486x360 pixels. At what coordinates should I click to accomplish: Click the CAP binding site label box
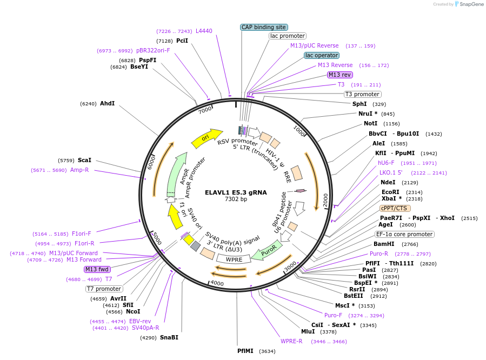point(264,27)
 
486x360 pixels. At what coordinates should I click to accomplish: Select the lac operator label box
point(322,55)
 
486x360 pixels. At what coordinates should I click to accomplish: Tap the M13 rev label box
point(339,75)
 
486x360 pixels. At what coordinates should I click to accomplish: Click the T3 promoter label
point(362,94)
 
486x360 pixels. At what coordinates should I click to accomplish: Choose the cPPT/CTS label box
point(395,208)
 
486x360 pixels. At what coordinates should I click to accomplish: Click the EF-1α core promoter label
point(405,234)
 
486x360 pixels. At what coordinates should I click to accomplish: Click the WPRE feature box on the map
point(234,259)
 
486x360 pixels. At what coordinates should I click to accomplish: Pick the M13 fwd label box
point(97,269)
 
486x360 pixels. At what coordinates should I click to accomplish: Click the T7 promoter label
point(104,289)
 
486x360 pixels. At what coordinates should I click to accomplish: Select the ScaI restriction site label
point(84,161)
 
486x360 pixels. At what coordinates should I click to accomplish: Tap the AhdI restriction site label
point(107,103)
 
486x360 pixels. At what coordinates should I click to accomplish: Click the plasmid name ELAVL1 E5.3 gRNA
point(236,192)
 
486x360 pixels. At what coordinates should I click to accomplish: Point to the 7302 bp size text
point(236,199)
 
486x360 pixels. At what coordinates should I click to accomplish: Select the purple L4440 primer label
point(204,31)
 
